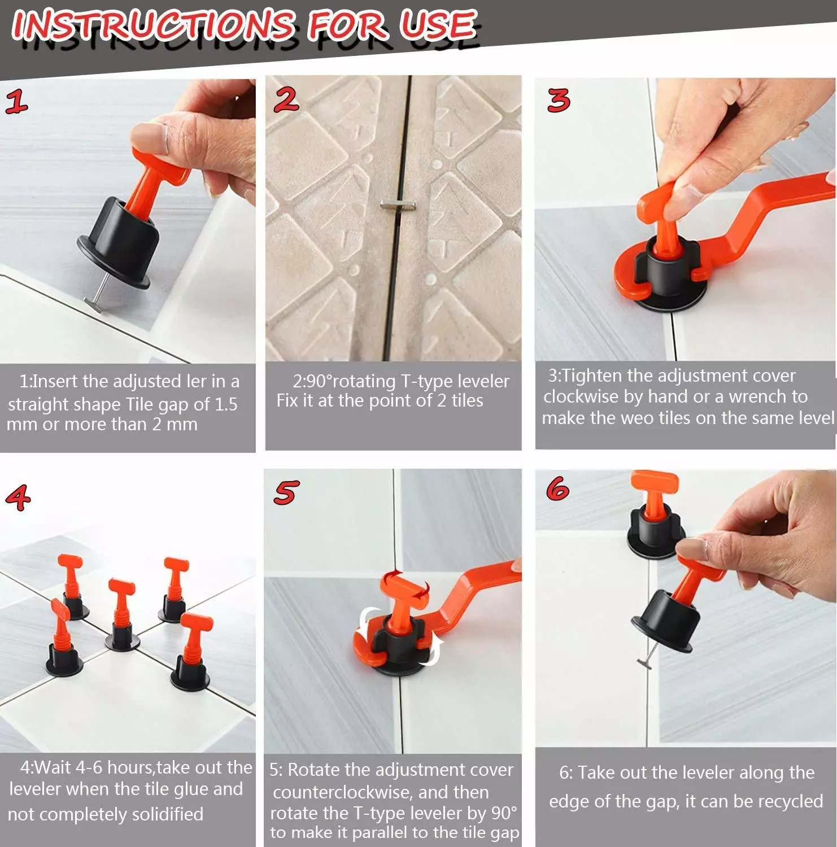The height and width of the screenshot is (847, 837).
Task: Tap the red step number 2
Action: pyautogui.click(x=286, y=99)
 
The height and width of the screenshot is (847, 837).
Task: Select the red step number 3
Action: pyautogui.click(x=559, y=100)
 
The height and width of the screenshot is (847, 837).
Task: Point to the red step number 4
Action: pyautogui.click(x=18, y=497)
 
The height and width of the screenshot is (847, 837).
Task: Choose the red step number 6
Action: pyautogui.click(x=558, y=487)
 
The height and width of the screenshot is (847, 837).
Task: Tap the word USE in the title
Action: pyautogui.click(x=438, y=25)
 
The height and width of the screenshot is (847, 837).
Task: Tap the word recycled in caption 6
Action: pyautogui.click(x=790, y=801)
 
